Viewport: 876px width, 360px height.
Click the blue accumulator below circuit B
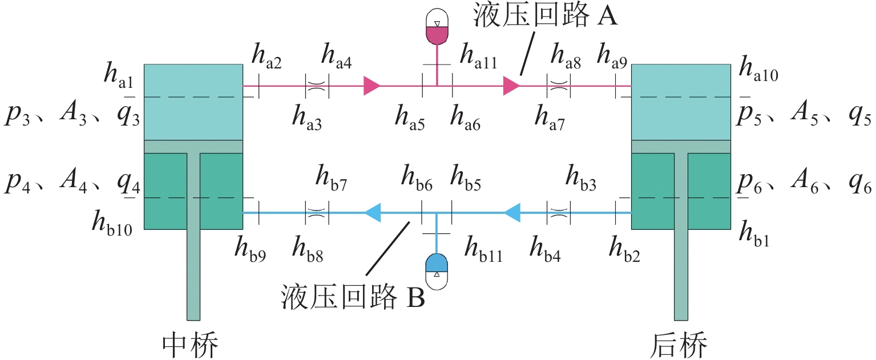point(437,266)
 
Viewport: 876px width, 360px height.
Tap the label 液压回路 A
point(546,17)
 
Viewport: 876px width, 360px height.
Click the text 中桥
point(191,344)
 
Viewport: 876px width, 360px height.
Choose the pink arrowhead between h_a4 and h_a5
point(372,86)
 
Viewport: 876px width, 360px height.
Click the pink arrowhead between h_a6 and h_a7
point(511,86)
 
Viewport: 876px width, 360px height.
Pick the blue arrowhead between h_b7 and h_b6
point(373,213)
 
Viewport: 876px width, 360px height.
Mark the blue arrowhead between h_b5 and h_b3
point(512,213)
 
